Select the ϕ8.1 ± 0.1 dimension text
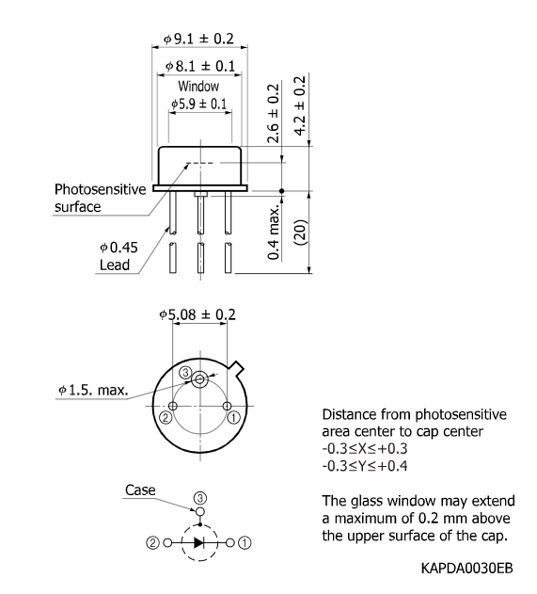(x=200, y=68)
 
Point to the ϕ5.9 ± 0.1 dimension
(x=198, y=104)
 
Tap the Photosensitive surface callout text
(x=99, y=198)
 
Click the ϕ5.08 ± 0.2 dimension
(x=197, y=313)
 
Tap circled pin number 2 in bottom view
(x=166, y=416)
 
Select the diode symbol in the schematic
(x=199, y=542)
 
